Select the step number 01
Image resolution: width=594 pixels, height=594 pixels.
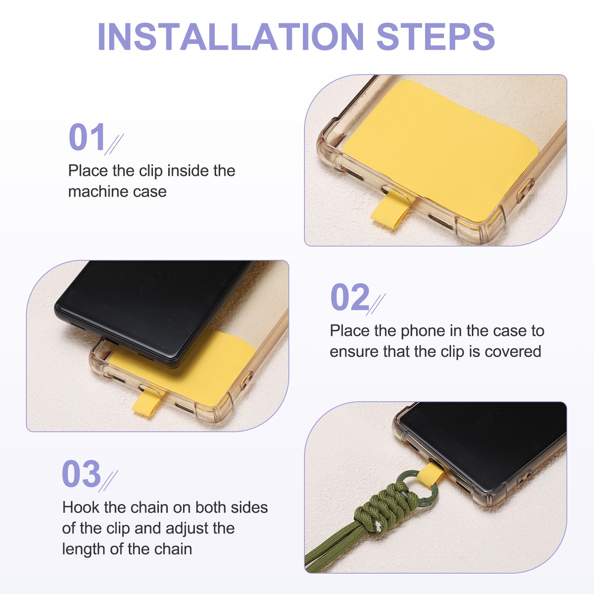click(x=87, y=137)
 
